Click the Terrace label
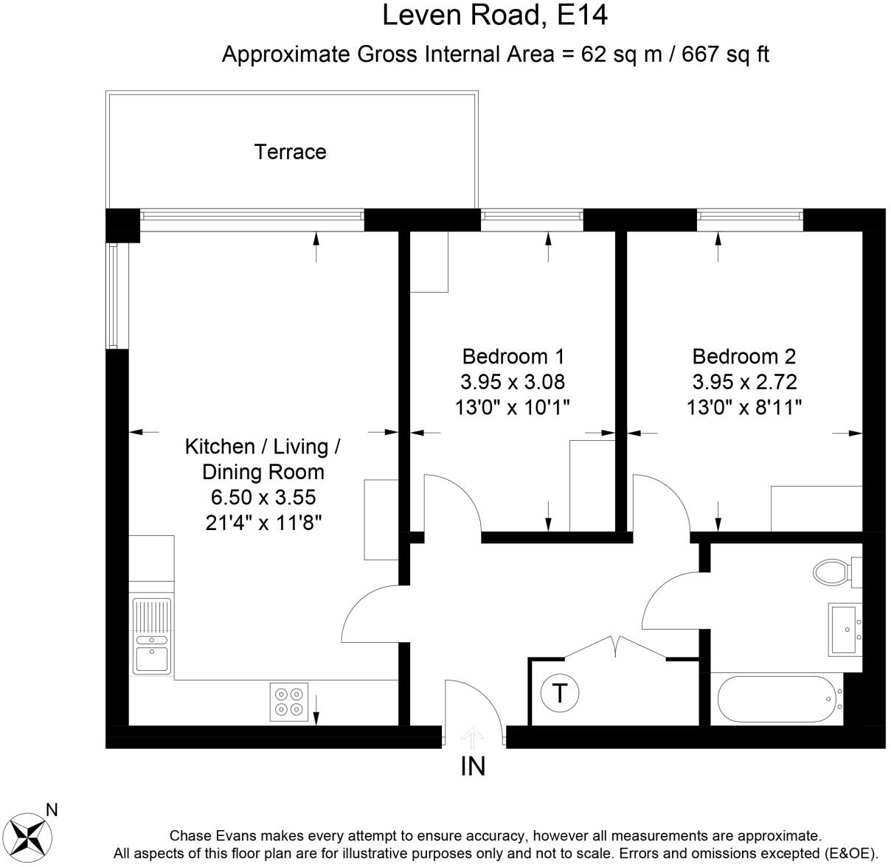[x=291, y=152]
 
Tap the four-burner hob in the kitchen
[x=289, y=702]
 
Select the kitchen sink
[x=151, y=637]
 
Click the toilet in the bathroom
[x=837, y=572]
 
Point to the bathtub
[x=780, y=699]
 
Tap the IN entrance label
[x=473, y=766]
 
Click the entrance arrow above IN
[x=473, y=739]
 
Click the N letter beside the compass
[x=52, y=810]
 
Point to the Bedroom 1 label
[x=513, y=357]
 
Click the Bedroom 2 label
[x=744, y=357]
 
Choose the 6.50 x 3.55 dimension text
[x=263, y=497]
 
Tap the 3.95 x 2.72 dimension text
[x=744, y=382]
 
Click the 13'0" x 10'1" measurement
[x=513, y=407]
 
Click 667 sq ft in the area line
[x=725, y=55]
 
